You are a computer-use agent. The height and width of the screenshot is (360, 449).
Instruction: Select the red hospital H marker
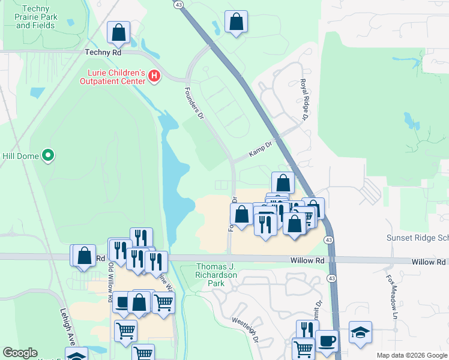pyautogui.click(x=155, y=76)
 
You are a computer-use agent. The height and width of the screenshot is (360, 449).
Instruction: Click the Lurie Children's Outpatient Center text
pyautogui.click(x=113, y=76)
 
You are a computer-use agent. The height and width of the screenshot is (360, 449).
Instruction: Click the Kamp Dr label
pyautogui.click(x=261, y=148)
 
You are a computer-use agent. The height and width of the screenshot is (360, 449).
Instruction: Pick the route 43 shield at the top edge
pyautogui.click(x=179, y=4)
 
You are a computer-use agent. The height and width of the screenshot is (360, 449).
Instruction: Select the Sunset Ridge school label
pyautogui.click(x=417, y=238)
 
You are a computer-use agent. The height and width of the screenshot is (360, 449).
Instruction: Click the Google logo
pyautogui.click(x=20, y=353)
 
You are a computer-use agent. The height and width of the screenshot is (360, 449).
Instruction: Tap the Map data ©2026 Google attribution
pyautogui.click(x=411, y=355)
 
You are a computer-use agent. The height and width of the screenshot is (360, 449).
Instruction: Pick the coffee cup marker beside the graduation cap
pyautogui.click(x=327, y=340)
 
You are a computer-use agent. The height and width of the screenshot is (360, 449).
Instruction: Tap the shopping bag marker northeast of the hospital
pyautogui.click(x=236, y=22)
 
